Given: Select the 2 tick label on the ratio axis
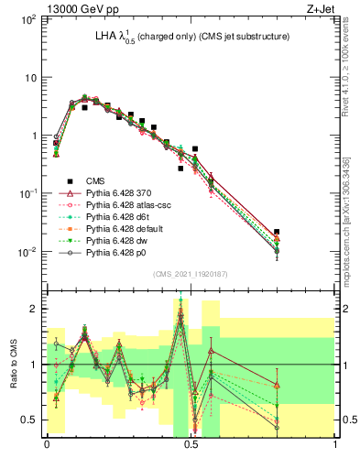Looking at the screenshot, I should pos(33,309).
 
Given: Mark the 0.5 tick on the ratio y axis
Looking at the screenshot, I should pos(30,420).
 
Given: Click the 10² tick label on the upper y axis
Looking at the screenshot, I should pos(28,19).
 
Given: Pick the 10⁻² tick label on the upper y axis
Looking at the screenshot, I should pos(28,251).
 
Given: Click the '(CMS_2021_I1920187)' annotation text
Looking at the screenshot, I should pos(191,272).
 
